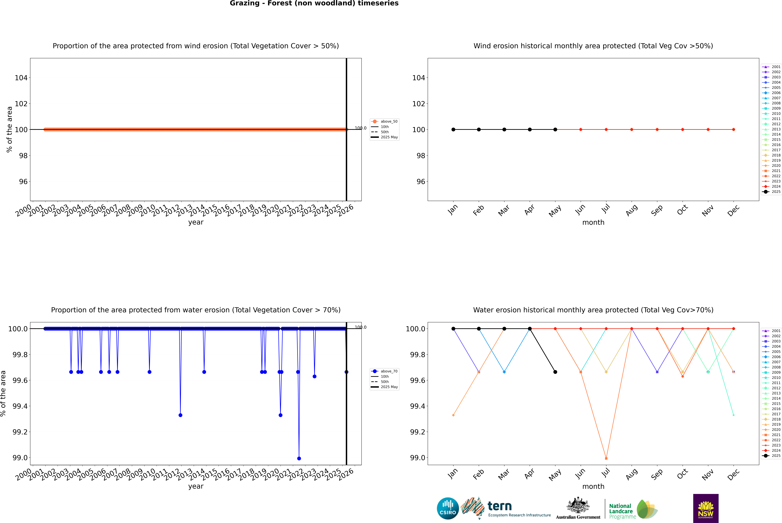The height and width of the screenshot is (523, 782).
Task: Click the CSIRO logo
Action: point(448,508)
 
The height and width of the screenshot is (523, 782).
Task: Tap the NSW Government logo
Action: point(706,508)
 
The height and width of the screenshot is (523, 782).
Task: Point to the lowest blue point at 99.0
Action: point(299,458)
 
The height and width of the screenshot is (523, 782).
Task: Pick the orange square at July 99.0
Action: point(606,458)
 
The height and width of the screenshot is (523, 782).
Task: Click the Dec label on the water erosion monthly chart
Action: point(733,474)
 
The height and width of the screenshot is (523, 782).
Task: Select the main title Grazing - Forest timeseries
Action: point(314,3)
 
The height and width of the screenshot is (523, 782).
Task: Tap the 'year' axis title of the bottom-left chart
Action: point(196,486)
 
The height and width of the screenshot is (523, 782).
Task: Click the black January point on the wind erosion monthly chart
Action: point(453,129)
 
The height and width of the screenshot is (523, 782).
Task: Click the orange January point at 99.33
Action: point(453,415)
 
